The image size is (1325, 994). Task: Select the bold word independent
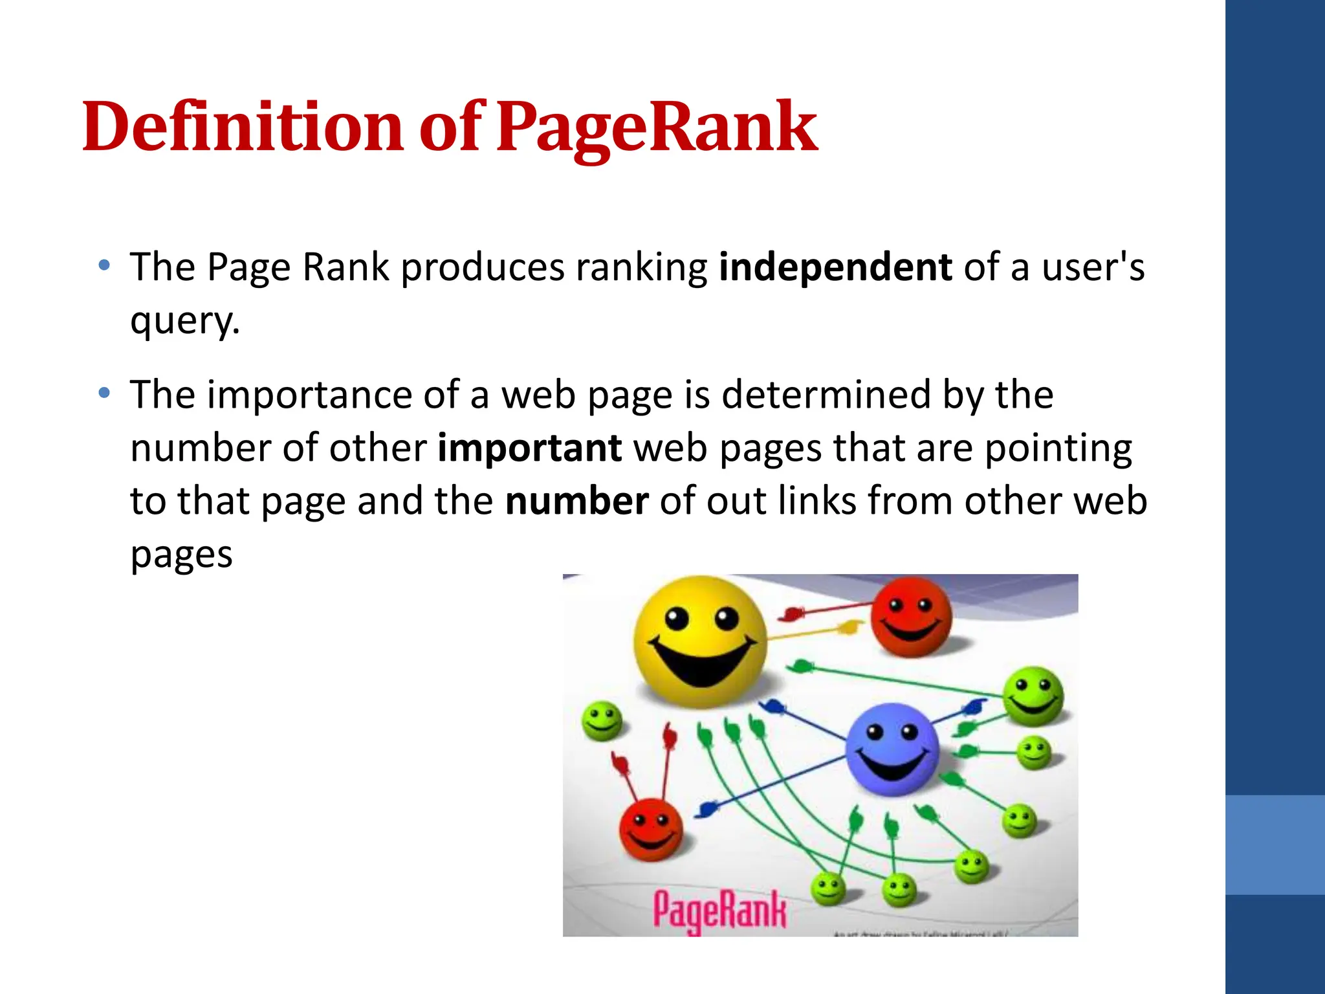pyautogui.click(x=835, y=267)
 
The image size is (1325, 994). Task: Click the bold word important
pyautogui.click(x=529, y=448)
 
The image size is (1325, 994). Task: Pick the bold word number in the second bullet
pyautogui.click(x=576, y=501)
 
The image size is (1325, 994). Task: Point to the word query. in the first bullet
pyautogui.click(x=185, y=321)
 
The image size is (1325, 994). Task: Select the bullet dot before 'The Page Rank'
pyautogui.click(x=104, y=265)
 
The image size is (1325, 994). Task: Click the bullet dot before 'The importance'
pyautogui.click(x=104, y=393)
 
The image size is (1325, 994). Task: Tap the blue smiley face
pyautogui.click(x=892, y=749)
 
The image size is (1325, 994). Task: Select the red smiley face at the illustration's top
pyautogui.click(x=911, y=617)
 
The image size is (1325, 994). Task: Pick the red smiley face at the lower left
pyautogui.click(x=650, y=830)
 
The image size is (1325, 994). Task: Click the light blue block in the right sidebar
pyautogui.click(x=1275, y=845)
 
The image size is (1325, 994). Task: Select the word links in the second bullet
pyautogui.click(x=817, y=501)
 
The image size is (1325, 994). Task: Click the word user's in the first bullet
pyautogui.click(x=1093, y=267)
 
